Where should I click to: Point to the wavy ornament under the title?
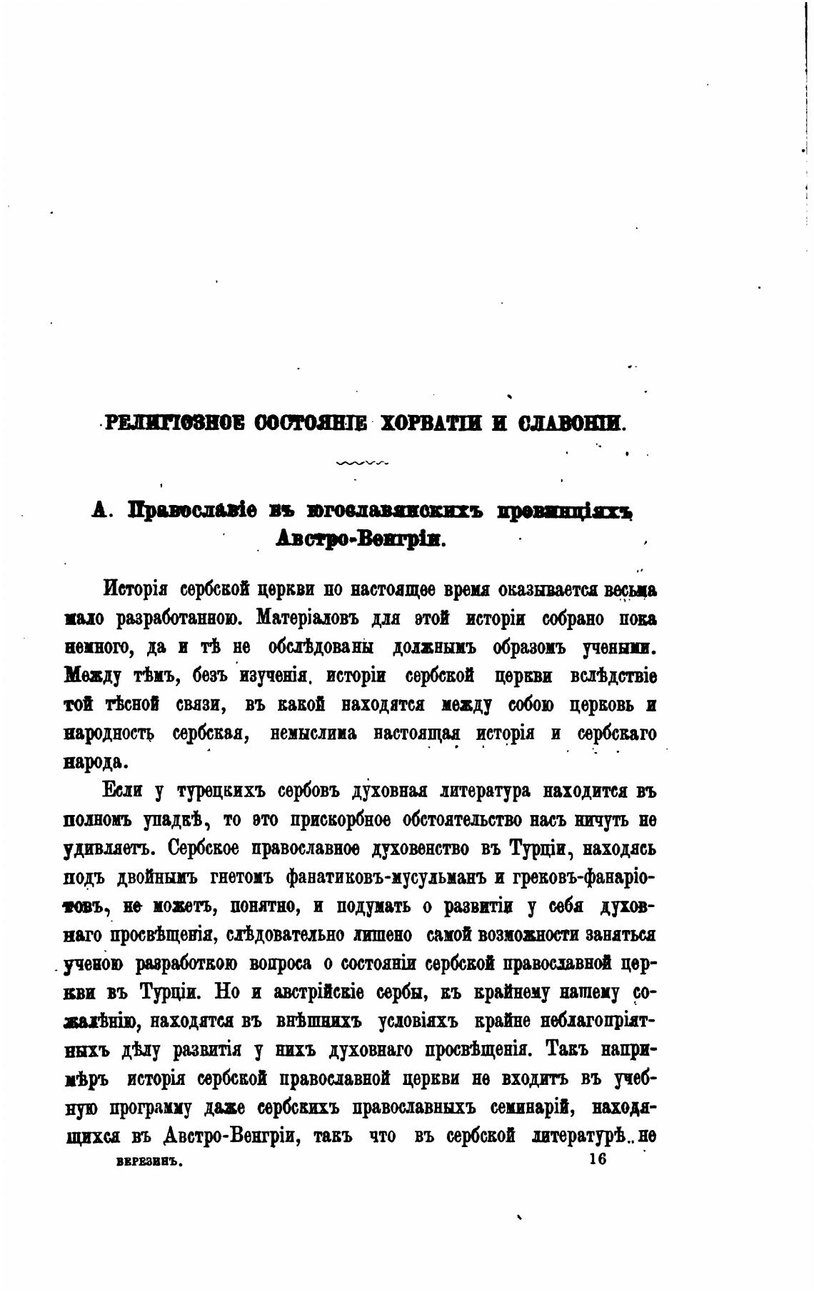coord(361,462)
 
